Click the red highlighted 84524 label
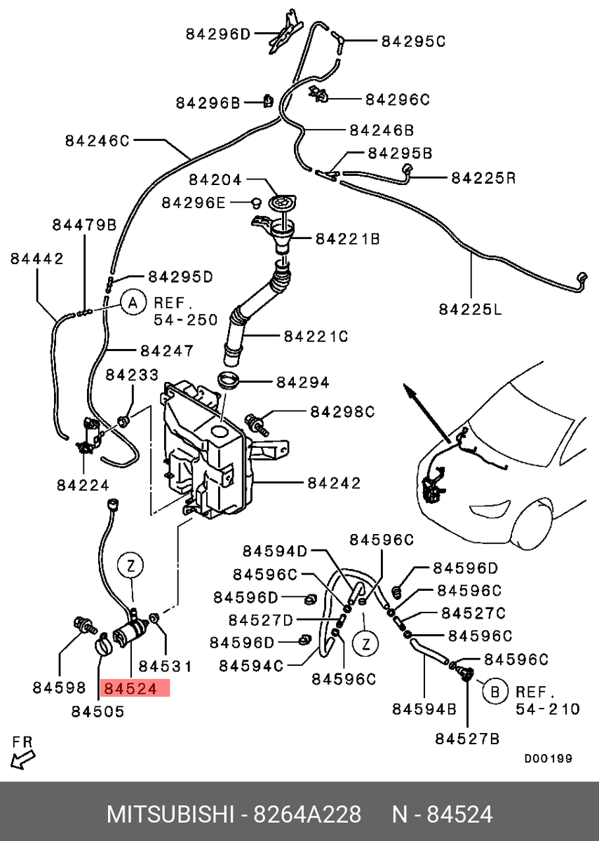[135, 688]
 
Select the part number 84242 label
[334, 483]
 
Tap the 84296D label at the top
[218, 34]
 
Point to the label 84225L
[470, 310]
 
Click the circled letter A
[133, 302]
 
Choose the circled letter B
[495, 691]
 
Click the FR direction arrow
[22, 759]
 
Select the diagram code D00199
[548, 758]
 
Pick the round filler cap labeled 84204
[283, 203]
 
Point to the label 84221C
[316, 336]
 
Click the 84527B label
[467, 739]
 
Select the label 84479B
[85, 225]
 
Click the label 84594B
[424, 709]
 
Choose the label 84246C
[97, 141]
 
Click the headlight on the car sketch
[490, 509]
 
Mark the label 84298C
[342, 412]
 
